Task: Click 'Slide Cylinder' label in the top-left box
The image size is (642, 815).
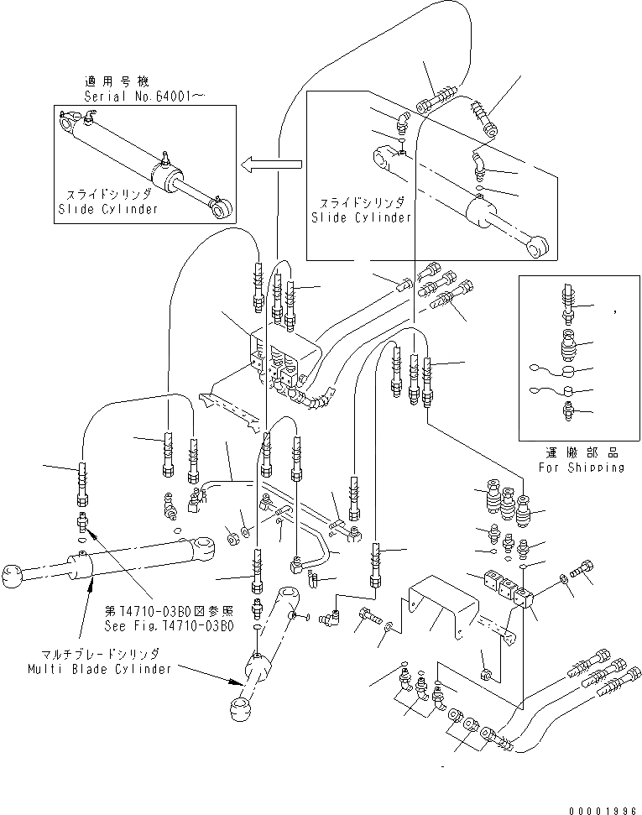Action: click(106, 209)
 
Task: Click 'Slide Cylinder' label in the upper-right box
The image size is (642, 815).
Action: click(362, 217)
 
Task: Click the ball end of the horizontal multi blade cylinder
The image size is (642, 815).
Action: click(13, 578)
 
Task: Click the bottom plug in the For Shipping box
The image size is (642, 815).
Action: click(567, 412)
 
